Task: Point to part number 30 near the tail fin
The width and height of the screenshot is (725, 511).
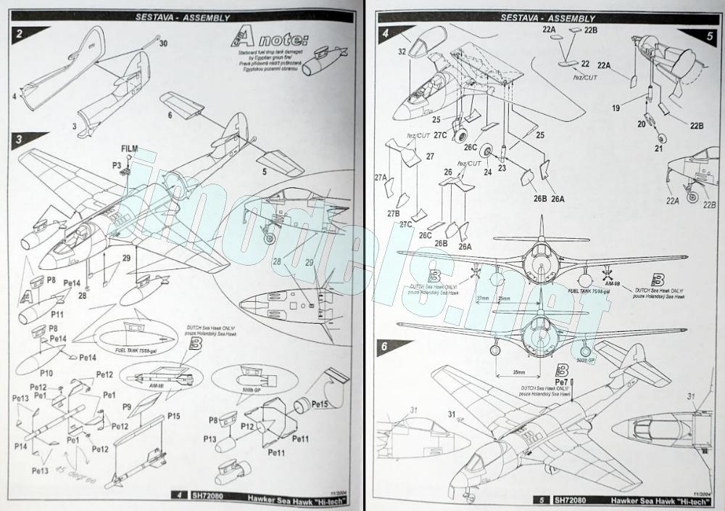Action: point(163,44)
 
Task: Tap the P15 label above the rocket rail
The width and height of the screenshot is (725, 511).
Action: point(174,415)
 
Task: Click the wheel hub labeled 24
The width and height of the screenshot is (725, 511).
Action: point(488,171)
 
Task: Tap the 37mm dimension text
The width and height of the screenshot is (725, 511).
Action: point(480,298)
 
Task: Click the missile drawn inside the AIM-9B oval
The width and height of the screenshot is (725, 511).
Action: point(156,377)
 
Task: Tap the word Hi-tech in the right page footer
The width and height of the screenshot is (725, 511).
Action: point(689,499)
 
